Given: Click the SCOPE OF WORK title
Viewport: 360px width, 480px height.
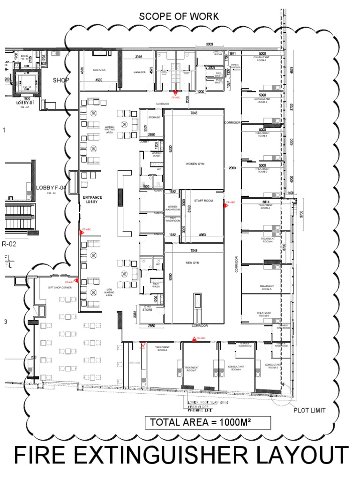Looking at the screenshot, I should [x=179, y=16].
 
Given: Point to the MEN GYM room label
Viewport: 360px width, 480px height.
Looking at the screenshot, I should [x=193, y=263].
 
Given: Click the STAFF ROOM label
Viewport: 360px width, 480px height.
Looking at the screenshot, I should [x=203, y=201].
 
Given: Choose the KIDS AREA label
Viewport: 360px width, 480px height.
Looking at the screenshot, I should [x=99, y=70].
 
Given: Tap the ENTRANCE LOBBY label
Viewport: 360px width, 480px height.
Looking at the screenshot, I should [x=93, y=200].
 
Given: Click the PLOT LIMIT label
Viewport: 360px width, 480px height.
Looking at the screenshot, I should [x=309, y=410].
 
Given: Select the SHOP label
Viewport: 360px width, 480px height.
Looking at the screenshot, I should [x=61, y=80].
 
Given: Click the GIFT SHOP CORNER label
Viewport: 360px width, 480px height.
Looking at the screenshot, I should [x=60, y=288].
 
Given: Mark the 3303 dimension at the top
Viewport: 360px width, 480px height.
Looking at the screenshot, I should [x=213, y=44].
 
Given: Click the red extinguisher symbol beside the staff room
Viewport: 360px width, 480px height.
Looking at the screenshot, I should [x=225, y=204].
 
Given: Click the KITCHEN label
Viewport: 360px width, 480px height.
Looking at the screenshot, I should [x=135, y=363].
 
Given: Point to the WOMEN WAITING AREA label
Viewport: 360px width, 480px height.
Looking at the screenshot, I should [x=110, y=129].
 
